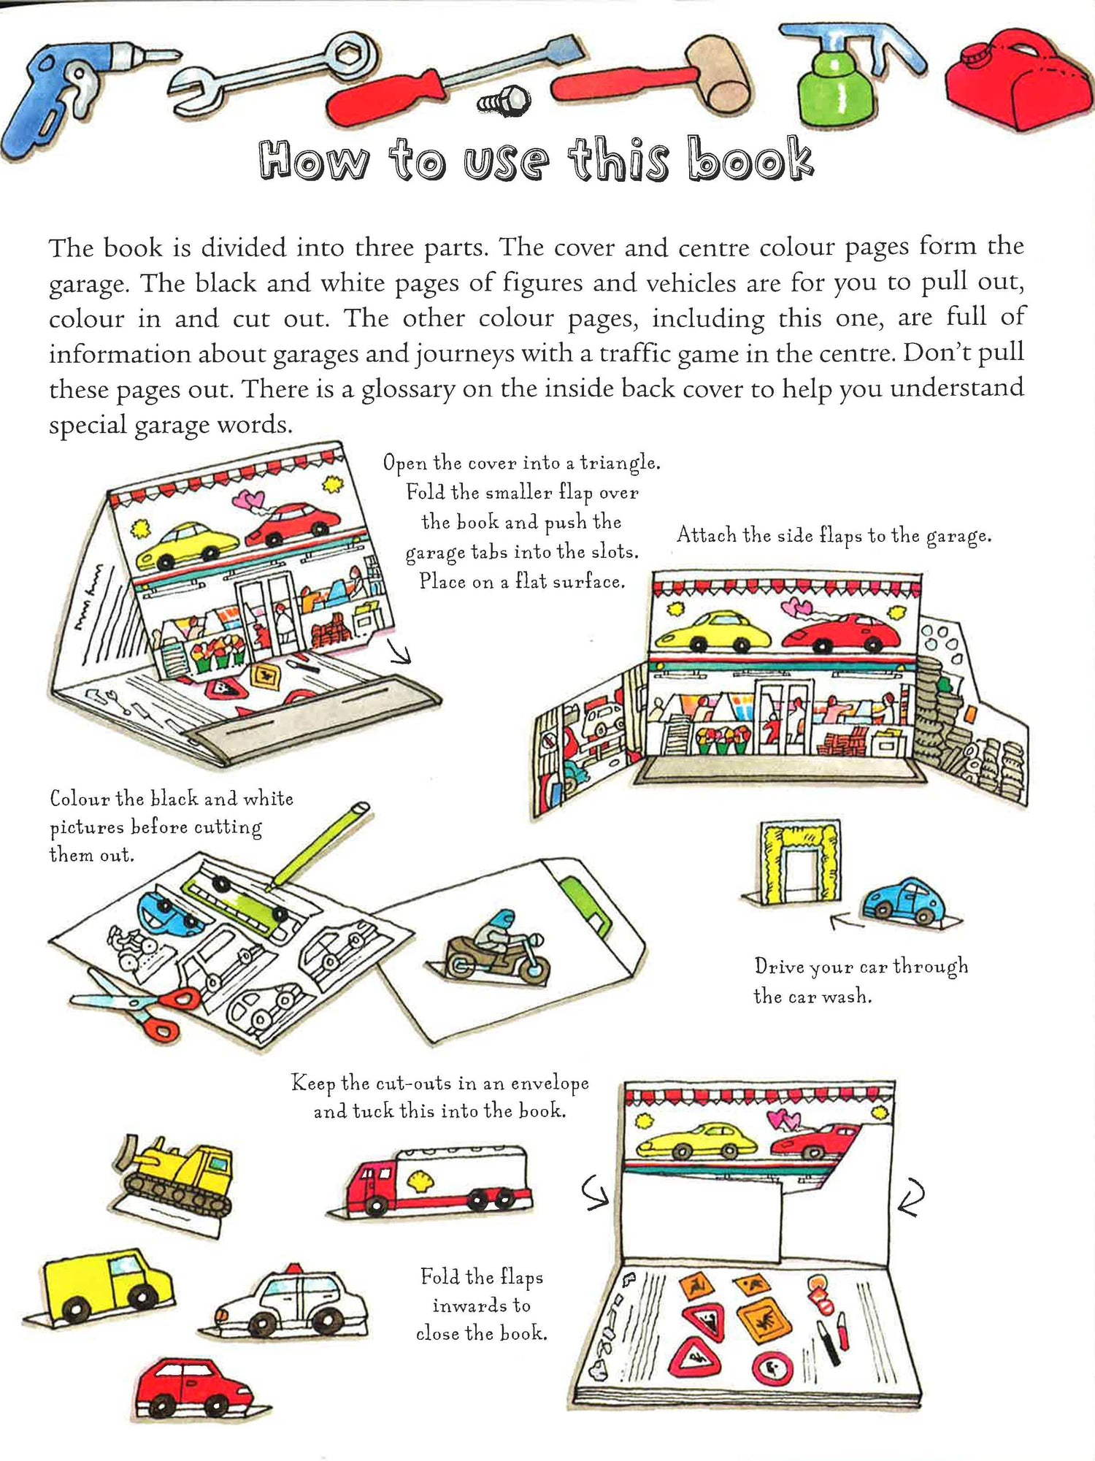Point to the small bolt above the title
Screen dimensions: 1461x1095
[x=505, y=101]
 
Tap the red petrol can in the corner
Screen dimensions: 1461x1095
[x=1018, y=80]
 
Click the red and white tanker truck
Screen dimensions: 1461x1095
[x=438, y=1179]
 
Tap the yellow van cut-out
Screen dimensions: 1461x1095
[x=106, y=1285]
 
